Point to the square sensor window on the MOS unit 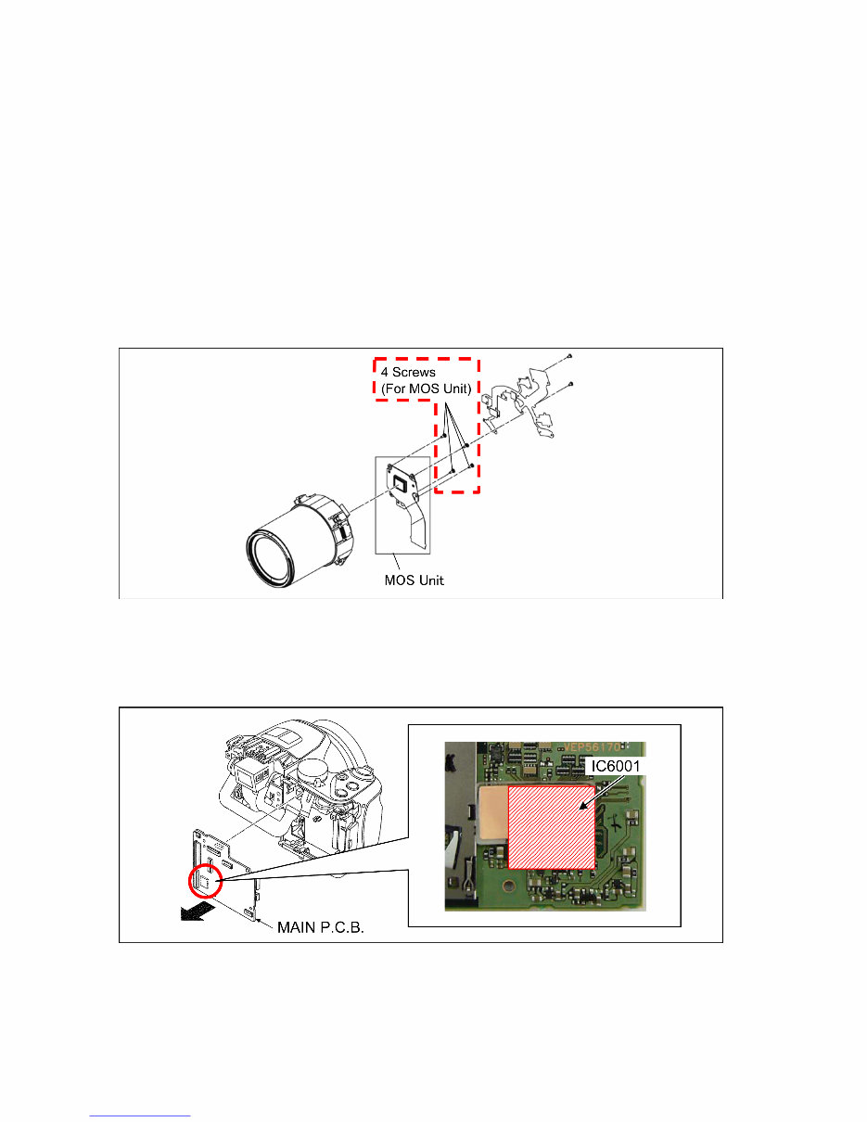[x=402, y=482]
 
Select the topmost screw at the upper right [x=568, y=356]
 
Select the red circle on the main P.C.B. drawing [x=207, y=881]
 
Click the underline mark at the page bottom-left [x=140, y=1116]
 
